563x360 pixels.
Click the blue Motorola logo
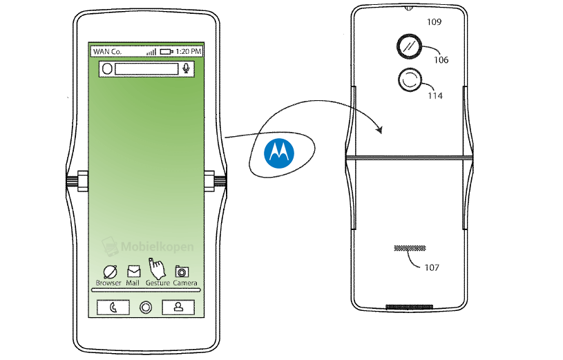coord(279,153)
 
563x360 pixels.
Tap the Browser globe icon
coord(110,272)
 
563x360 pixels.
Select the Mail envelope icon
coord(133,272)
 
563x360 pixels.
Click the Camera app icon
coord(182,272)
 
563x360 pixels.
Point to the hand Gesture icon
coord(157,268)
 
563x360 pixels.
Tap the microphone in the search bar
coord(186,68)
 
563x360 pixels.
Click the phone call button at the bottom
coord(113,307)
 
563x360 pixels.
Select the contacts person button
coord(178,307)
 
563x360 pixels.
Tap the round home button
coord(146,307)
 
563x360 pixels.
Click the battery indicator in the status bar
coord(166,52)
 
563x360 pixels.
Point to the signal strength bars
coord(151,52)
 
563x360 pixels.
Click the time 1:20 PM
coord(188,52)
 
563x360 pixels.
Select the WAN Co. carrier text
coord(107,52)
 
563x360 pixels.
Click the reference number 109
coord(434,22)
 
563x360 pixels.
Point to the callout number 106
coord(441,60)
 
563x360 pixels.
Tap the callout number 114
coord(435,96)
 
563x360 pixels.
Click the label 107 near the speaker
coord(432,267)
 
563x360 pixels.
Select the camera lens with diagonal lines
coord(410,47)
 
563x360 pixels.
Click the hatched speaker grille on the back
coord(410,248)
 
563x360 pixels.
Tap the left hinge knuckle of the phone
coord(83,181)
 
